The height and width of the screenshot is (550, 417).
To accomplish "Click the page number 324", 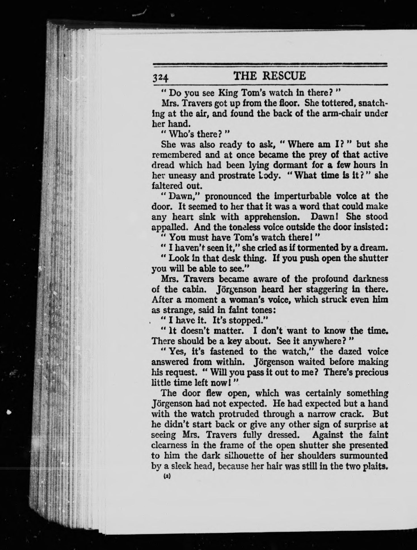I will click(161, 77).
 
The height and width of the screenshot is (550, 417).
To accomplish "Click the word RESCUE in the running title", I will click(284, 76).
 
